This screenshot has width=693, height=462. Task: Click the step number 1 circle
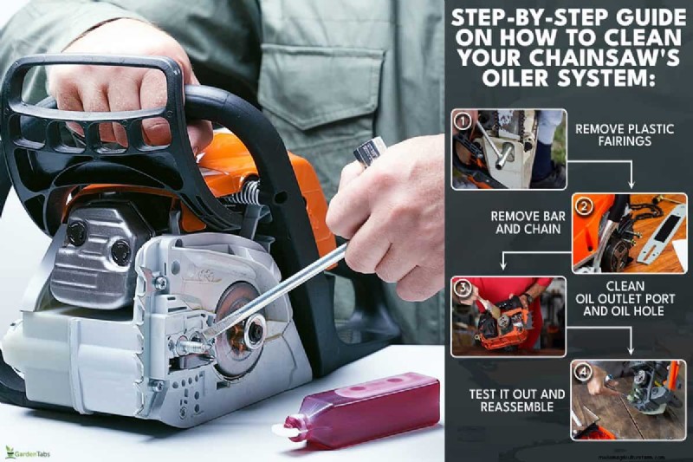[x=463, y=121]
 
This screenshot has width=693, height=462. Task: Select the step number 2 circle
[x=585, y=206]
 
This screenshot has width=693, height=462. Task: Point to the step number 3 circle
[x=463, y=289]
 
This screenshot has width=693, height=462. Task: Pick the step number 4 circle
[x=585, y=373]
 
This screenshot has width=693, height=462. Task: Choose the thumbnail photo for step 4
[x=628, y=400]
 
